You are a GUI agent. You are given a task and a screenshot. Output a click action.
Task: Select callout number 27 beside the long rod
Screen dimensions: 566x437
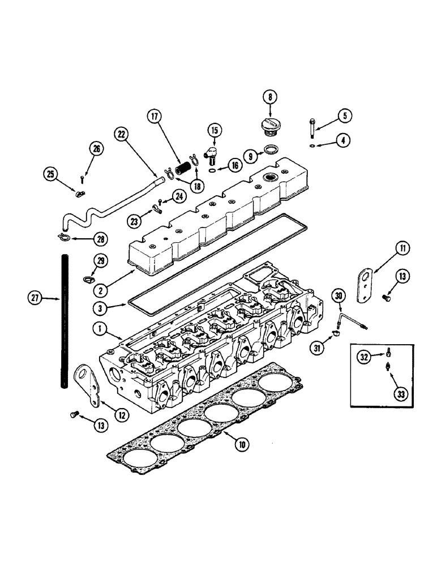pyautogui.click(x=37, y=298)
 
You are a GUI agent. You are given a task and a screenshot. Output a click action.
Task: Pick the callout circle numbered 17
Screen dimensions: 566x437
pyautogui.click(x=154, y=117)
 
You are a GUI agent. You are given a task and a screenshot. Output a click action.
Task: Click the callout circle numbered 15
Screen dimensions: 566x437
pyautogui.click(x=213, y=130)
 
